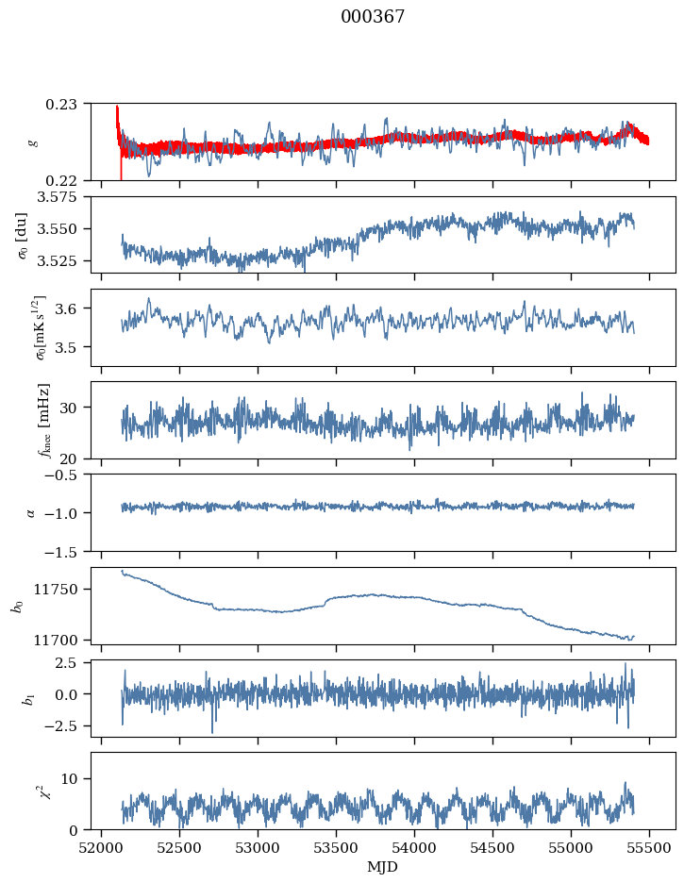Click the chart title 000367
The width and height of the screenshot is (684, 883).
pyautogui.click(x=373, y=17)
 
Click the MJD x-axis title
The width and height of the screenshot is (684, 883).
pyautogui.click(x=382, y=866)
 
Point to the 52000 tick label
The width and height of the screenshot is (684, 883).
pyautogui.click(x=102, y=846)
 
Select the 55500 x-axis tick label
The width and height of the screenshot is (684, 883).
pyautogui.click(x=649, y=846)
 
